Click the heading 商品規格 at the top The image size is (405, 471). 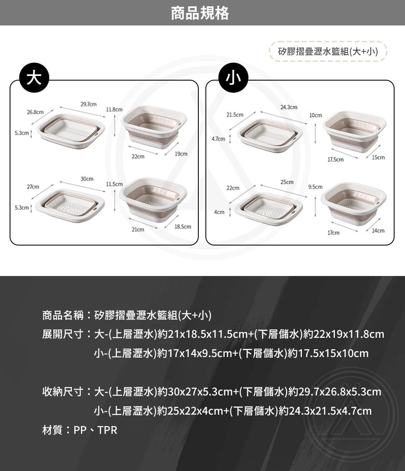point(200,13)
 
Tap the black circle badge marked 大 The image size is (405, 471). point(34,78)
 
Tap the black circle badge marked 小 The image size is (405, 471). point(233,78)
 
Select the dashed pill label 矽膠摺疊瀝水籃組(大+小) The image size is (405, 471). point(328,51)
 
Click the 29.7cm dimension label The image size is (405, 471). point(89,104)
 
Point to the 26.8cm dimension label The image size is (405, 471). point(35,112)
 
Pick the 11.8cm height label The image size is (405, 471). point(114,110)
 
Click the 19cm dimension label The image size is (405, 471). point(181,154)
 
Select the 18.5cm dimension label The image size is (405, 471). point(183,226)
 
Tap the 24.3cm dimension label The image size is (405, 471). point(289,107)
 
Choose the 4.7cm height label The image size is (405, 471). point(218,139)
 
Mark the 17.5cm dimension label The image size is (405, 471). point(335,160)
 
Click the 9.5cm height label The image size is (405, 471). point(315,187)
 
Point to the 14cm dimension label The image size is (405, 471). point(378,230)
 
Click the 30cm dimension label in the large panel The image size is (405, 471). point(87,179)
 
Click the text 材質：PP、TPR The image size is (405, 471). point(80,430)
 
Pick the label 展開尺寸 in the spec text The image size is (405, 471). point(63,334)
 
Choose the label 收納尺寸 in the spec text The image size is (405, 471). point(63,392)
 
